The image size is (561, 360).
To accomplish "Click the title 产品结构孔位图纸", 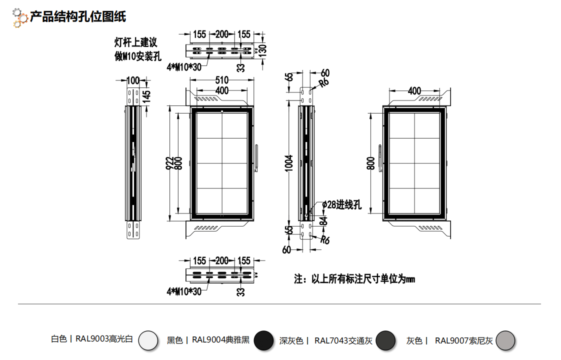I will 77,16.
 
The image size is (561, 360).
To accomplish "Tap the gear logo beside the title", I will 19,17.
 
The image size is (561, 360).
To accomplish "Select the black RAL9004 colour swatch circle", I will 263,340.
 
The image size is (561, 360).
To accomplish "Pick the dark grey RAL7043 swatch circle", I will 385,340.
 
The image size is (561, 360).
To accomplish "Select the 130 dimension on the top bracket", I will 262,50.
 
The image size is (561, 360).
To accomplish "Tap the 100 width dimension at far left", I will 132,80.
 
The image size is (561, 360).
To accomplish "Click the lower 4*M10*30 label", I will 184,291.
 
